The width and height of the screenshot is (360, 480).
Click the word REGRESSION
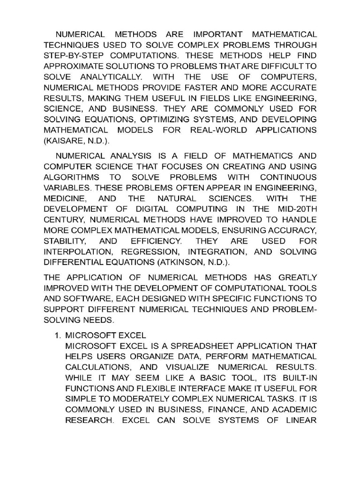tap(162, 252)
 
